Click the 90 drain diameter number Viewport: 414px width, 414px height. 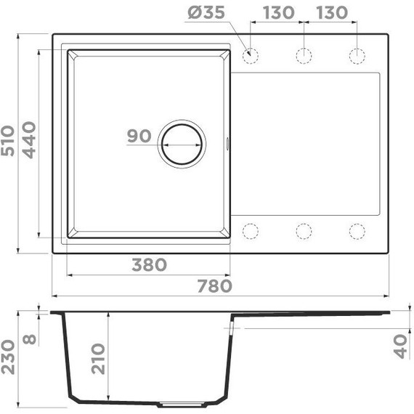coord(138,136)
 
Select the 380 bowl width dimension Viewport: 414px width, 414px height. coord(149,265)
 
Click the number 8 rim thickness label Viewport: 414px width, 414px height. coord(29,338)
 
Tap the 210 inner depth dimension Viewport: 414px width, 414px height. coord(98,358)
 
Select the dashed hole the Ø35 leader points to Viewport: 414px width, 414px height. coord(251,56)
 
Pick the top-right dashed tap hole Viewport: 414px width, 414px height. coord(356,56)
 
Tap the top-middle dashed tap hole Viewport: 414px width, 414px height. coord(304,56)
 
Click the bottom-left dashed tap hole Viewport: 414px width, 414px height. coord(251,231)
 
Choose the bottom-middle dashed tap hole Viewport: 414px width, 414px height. coord(304,231)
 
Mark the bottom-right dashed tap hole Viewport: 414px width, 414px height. coord(356,231)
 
